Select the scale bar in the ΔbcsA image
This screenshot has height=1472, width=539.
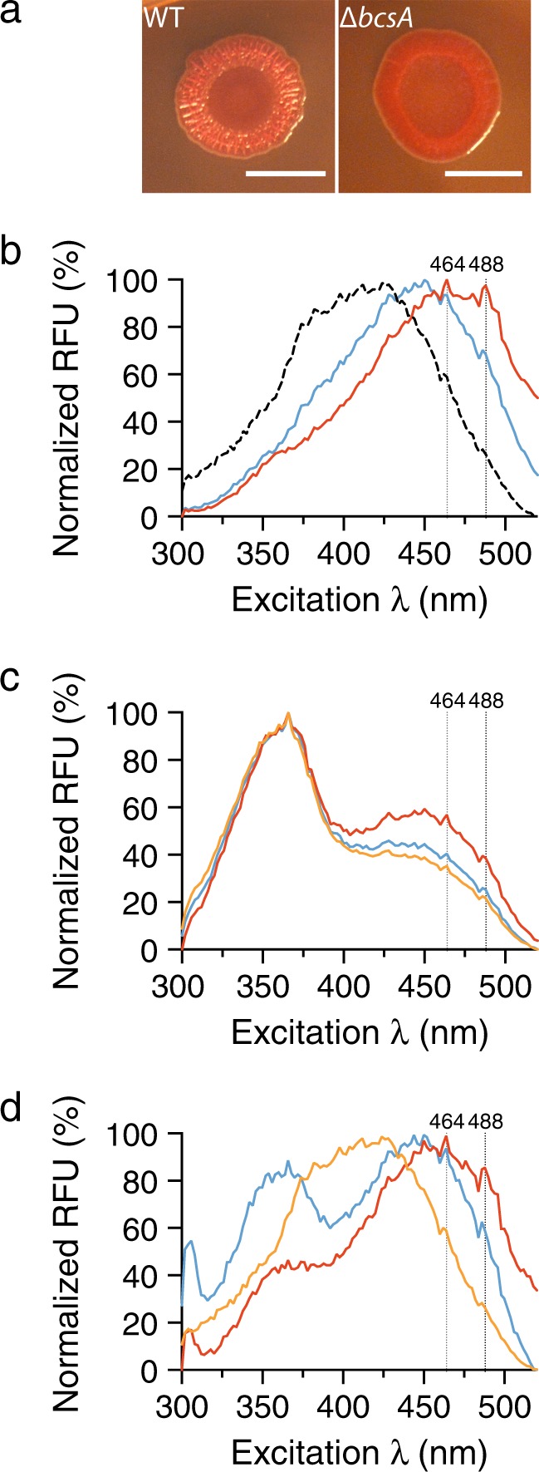[x=483, y=175]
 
